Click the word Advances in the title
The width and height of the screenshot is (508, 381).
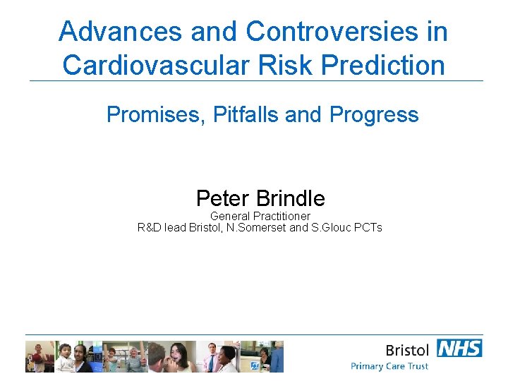click(x=104, y=32)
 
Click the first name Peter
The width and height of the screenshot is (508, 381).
click(x=224, y=198)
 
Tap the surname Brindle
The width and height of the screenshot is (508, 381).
click(x=291, y=198)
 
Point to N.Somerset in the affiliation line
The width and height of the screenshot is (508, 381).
click(x=258, y=228)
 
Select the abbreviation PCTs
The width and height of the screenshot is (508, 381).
click(x=368, y=228)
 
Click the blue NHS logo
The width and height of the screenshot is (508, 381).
click(x=459, y=348)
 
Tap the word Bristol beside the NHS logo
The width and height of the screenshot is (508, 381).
click(x=407, y=350)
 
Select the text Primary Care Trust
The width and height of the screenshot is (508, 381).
click(x=389, y=366)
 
